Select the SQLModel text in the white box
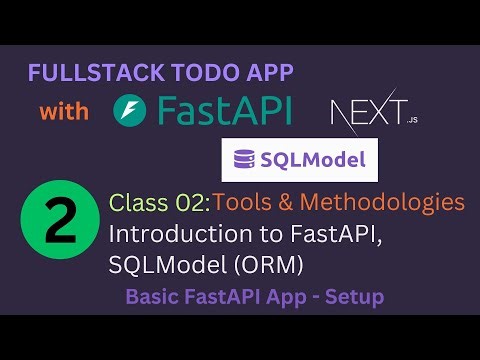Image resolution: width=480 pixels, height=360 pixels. pos(310,159)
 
